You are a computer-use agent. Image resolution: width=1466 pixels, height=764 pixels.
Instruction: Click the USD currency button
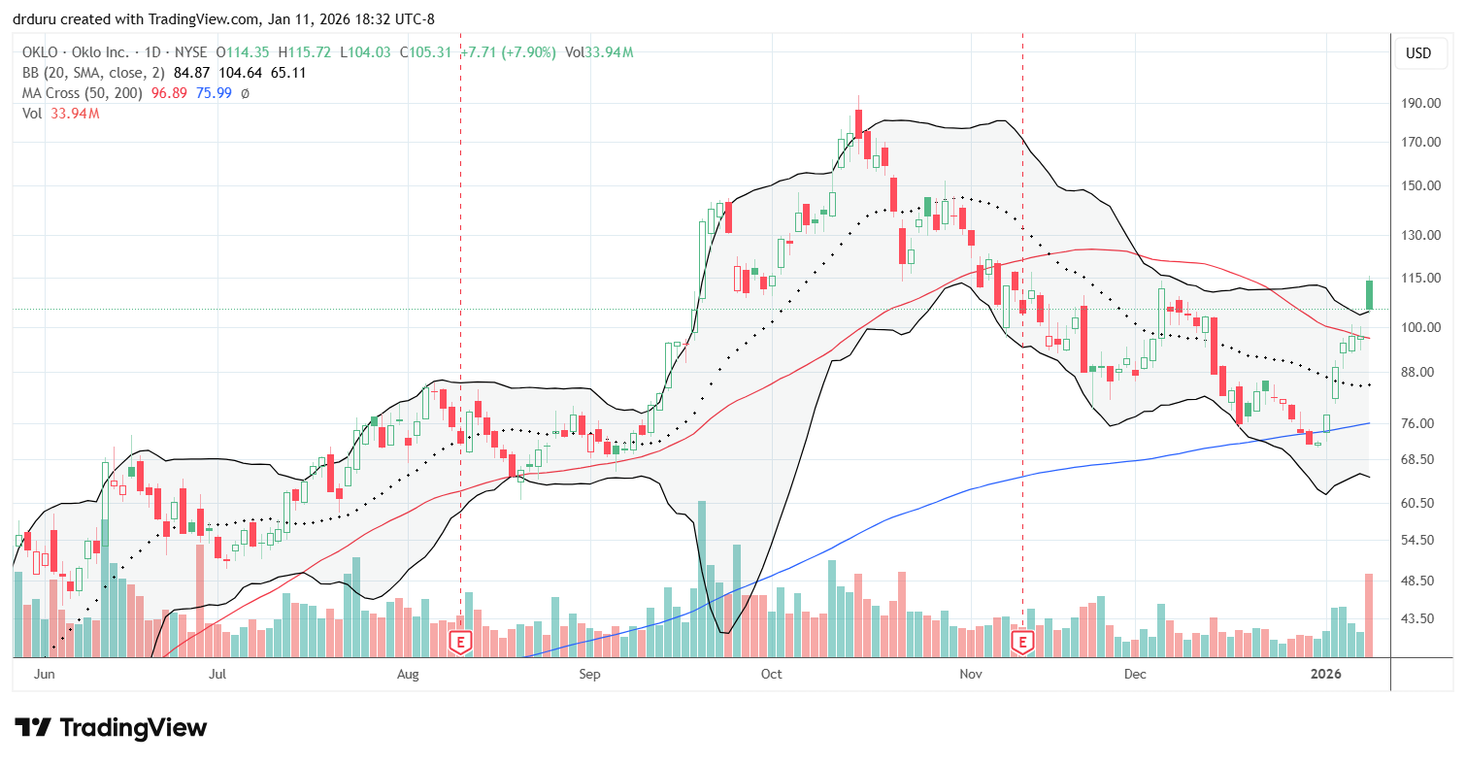click(1418, 53)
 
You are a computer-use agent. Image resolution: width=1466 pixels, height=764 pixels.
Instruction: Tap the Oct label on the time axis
click(772, 673)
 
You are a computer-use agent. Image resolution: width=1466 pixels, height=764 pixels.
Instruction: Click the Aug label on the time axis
click(409, 673)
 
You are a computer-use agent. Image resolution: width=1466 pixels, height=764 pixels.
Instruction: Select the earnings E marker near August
click(460, 642)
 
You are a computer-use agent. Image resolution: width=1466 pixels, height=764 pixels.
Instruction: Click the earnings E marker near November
click(1022, 642)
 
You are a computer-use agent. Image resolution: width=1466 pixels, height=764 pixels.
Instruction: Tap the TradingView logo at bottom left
click(111, 727)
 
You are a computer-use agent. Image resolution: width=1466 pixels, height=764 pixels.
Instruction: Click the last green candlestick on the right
click(1369, 294)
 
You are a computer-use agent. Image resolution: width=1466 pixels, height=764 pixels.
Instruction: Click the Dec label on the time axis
click(1135, 673)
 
